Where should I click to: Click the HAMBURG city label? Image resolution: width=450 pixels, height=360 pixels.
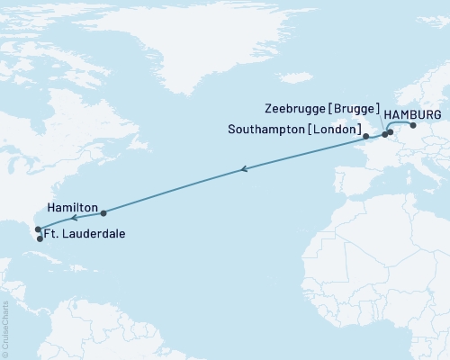coord(412,116)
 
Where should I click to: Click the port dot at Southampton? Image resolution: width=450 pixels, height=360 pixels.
coord(365,137)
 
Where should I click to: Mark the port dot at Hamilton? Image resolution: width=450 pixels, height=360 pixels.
coord(103,213)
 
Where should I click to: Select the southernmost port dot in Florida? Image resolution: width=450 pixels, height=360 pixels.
coord(40,238)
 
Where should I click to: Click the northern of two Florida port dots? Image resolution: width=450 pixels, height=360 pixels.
coord(38,229)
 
